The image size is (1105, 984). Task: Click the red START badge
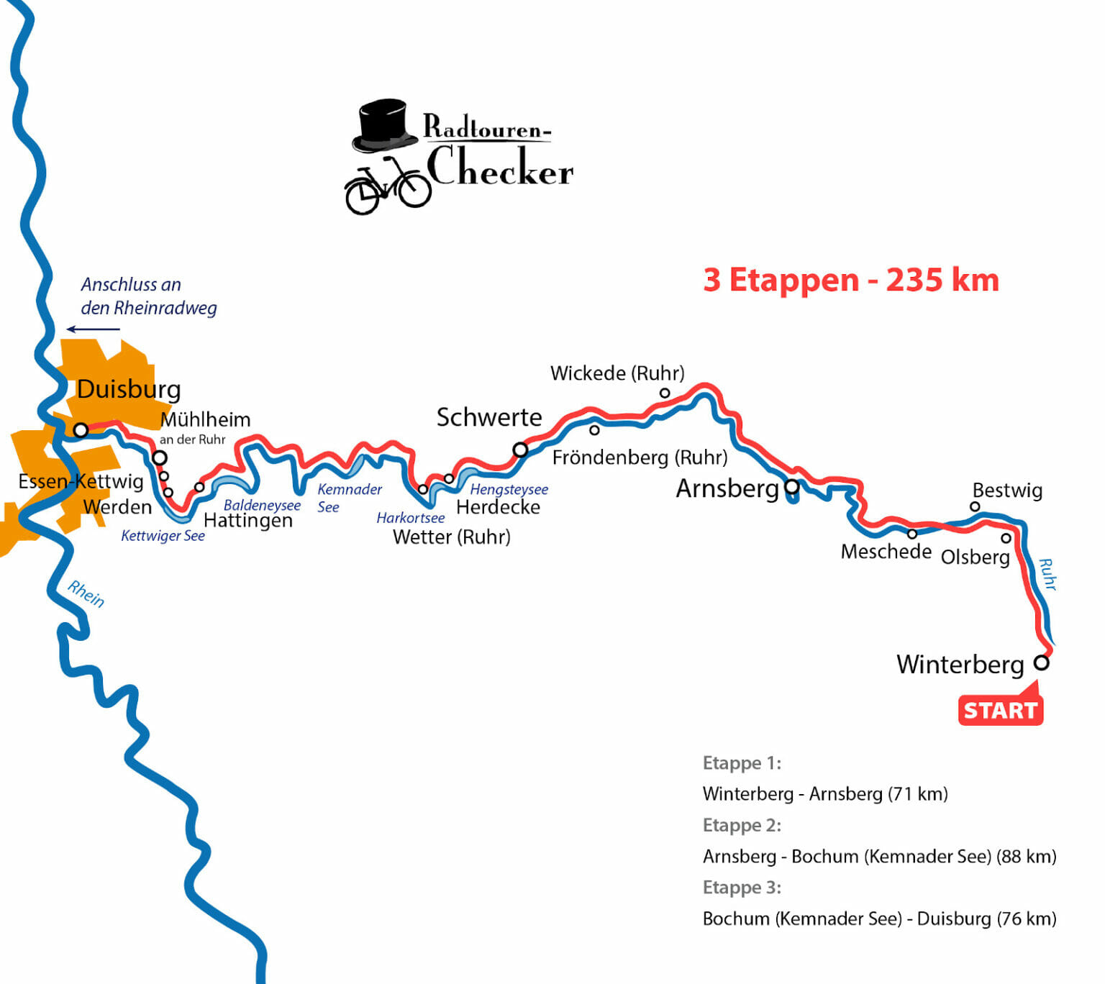[1000, 711]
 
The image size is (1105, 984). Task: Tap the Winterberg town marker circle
[1041, 662]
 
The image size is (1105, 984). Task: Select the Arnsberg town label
[727, 488]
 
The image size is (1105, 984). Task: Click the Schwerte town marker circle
[520, 450]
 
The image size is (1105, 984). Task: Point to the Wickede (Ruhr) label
[617, 373]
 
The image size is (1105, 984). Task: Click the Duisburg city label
[129, 389]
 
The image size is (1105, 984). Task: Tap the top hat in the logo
[384, 125]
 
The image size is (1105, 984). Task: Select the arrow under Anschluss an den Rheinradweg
[94, 329]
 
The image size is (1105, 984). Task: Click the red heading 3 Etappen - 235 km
[851, 281]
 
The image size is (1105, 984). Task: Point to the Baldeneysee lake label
[262, 505]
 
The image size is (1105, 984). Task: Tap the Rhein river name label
[86, 594]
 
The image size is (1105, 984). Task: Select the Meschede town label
[886, 552]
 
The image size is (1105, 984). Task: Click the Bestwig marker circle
[975, 506]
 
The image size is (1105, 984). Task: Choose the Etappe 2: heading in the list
[742, 825]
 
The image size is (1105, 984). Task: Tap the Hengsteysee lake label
[509, 489]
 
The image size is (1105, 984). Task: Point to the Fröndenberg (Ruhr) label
[640, 457]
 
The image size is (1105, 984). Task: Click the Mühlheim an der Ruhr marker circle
[160, 457]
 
